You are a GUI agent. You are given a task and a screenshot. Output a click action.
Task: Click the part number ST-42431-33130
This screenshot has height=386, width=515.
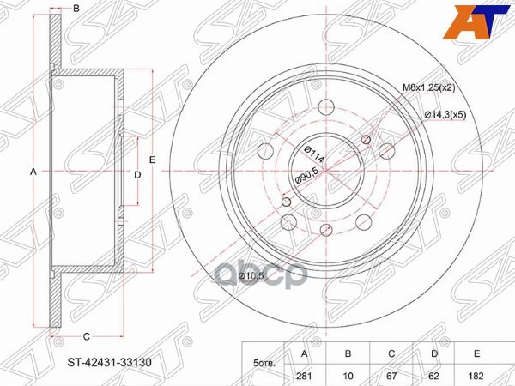pyautogui.click(x=112, y=362)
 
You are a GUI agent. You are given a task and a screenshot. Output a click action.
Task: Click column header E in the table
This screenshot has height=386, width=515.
pyautogui.click(x=476, y=353)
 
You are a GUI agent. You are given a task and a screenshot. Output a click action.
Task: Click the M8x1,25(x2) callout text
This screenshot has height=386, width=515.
pyautogui.click(x=434, y=87)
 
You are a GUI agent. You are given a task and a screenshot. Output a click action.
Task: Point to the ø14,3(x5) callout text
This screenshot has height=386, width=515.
pyautogui.click(x=444, y=116)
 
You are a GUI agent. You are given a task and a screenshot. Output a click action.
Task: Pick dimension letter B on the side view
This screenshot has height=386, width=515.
pyautogui.click(x=76, y=9)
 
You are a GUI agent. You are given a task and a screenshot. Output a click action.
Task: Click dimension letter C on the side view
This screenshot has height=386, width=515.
pyautogui.click(x=88, y=335)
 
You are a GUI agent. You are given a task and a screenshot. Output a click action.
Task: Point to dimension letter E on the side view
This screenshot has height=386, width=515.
pyautogui.click(x=152, y=160)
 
